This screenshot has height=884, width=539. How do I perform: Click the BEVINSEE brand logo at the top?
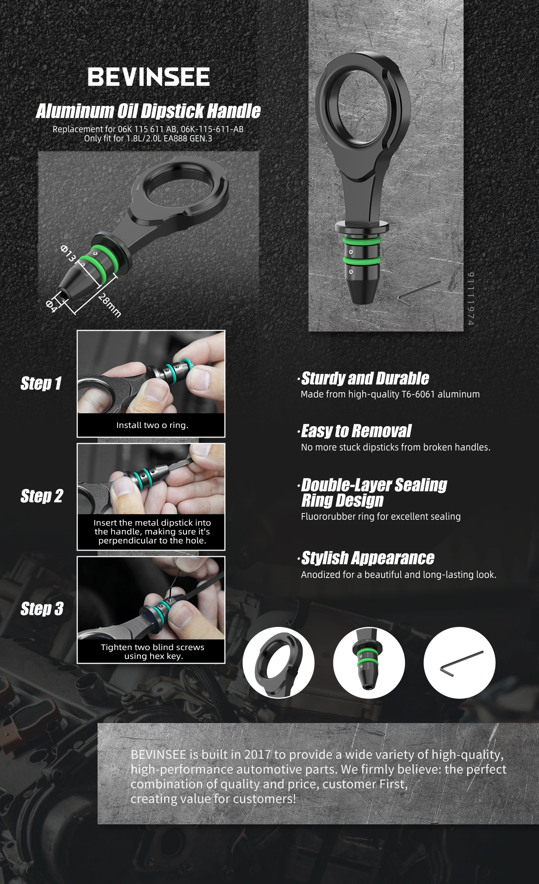click(148, 77)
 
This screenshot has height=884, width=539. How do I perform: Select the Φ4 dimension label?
click(52, 306)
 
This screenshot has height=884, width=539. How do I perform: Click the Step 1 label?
click(41, 383)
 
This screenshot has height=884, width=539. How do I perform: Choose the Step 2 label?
click(42, 496)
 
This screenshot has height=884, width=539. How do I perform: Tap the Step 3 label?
click(42, 608)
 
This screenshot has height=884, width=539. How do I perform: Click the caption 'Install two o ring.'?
click(152, 425)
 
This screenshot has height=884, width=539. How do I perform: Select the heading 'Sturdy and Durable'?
click(365, 378)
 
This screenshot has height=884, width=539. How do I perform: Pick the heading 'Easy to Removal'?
click(356, 431)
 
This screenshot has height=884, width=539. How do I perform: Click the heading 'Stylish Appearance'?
click(367, 558)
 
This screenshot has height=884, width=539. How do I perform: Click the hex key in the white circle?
click(461, 664)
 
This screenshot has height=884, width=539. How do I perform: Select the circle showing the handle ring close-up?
click(279, 663)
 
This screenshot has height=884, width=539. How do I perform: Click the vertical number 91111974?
click(471, 299)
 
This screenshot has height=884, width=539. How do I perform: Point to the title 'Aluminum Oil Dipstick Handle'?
click(148, 111)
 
